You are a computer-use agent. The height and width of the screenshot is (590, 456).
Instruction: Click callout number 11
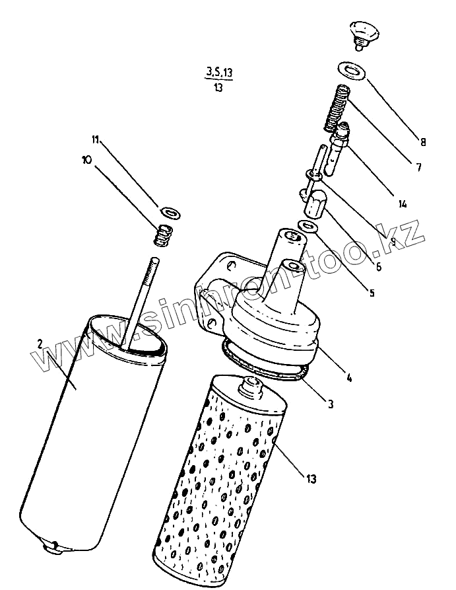(x=95, y=139)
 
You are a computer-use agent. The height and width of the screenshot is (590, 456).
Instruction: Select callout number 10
(x=86, y=159)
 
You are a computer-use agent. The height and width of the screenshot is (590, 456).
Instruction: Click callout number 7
(x=417, y=167)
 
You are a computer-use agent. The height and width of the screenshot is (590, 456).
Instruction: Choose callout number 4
(x=348, y=378)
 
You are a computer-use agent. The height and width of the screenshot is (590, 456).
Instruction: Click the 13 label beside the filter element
(x=309, y=478)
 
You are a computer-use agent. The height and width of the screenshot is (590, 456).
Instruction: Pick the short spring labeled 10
(x=163, y=235)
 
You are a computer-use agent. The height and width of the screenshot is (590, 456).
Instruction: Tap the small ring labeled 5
(x=308, y=227)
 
